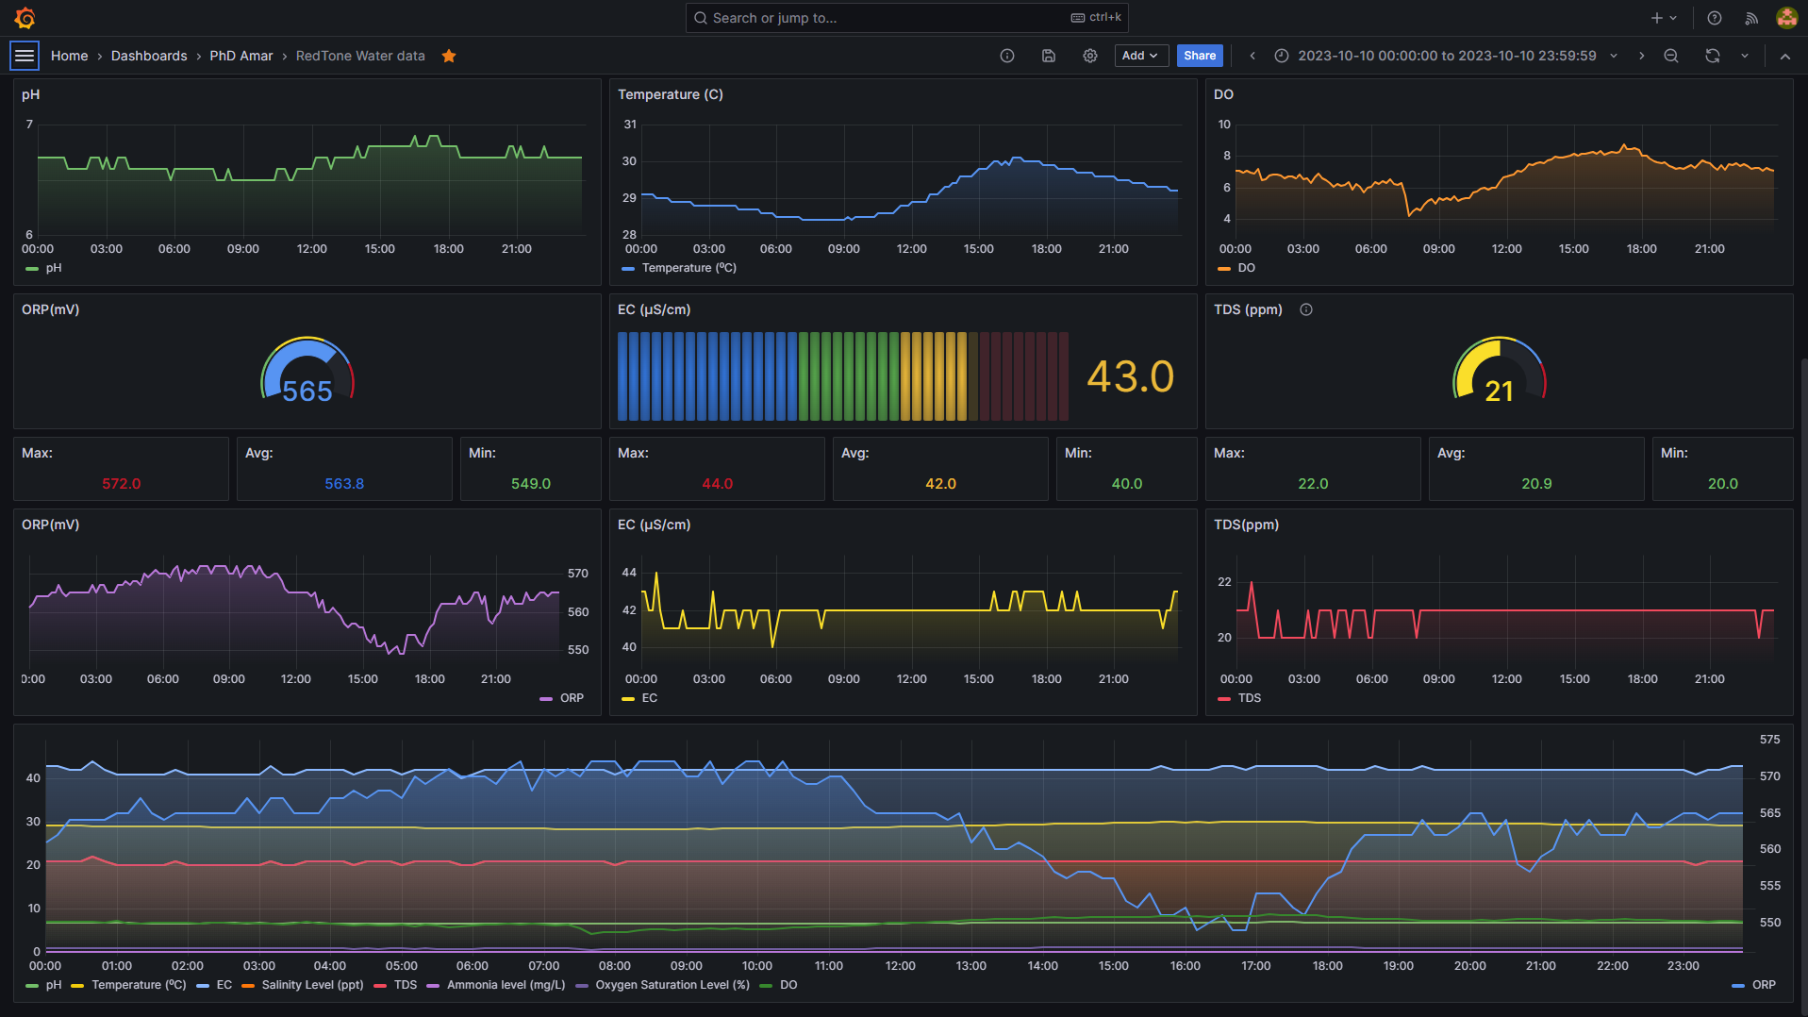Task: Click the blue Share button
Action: pyautogui.click(x=1199, y=56)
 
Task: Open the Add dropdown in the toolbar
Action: pyautogui.click(x=1140, y=56)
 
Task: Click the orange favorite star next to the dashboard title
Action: pyautogui.click(x=449, y=56)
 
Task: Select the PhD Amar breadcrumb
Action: pyautogui.click(x=241, y=56)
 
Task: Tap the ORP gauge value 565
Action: pyautogui.click(x=307, y=392)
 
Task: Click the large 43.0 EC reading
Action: pyautogui.click(x=1130, y=377)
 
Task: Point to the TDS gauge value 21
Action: pyautogui.click(x=1499, y=392)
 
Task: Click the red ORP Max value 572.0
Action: pyautogui.click(x=121, y=483)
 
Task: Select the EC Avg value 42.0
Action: pyautogui.click(x=940, y=483)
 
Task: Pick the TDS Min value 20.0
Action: pyautogui.click(x=1722, y=483)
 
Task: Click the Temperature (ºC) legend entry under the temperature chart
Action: pyautogui.click(x=688, y=268)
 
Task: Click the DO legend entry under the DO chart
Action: pyautogui.click(x=1245, y=268)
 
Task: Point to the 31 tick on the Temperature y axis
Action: pyautogui.click(x=630, y=125)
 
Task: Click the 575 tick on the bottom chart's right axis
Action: pyautogui.click(x=1769, y=740)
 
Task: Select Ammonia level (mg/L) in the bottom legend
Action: pyautogui.click(x=506, y=985)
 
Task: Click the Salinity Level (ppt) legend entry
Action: pyautogui.click(x=312, y=985)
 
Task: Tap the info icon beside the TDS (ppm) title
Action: pyautogui.click(x=1305, y=309)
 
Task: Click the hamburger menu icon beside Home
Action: pyautogui.click(x=25, y=56)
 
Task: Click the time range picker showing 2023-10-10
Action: pyautogui.click(x=1446, y=56)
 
